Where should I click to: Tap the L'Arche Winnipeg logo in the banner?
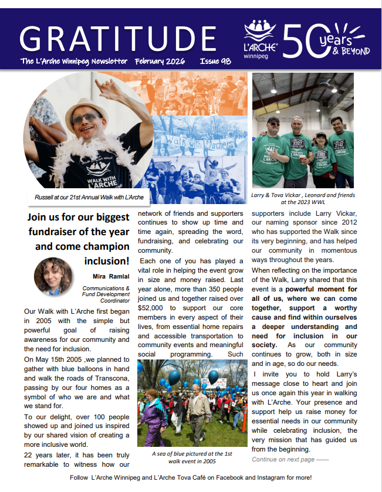click(261, 39)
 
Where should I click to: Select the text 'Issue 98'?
click(216, 61)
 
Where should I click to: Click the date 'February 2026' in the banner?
click(160, 61)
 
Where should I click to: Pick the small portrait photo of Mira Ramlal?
click(53, 276)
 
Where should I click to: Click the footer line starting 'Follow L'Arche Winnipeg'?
click(191, 478)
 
